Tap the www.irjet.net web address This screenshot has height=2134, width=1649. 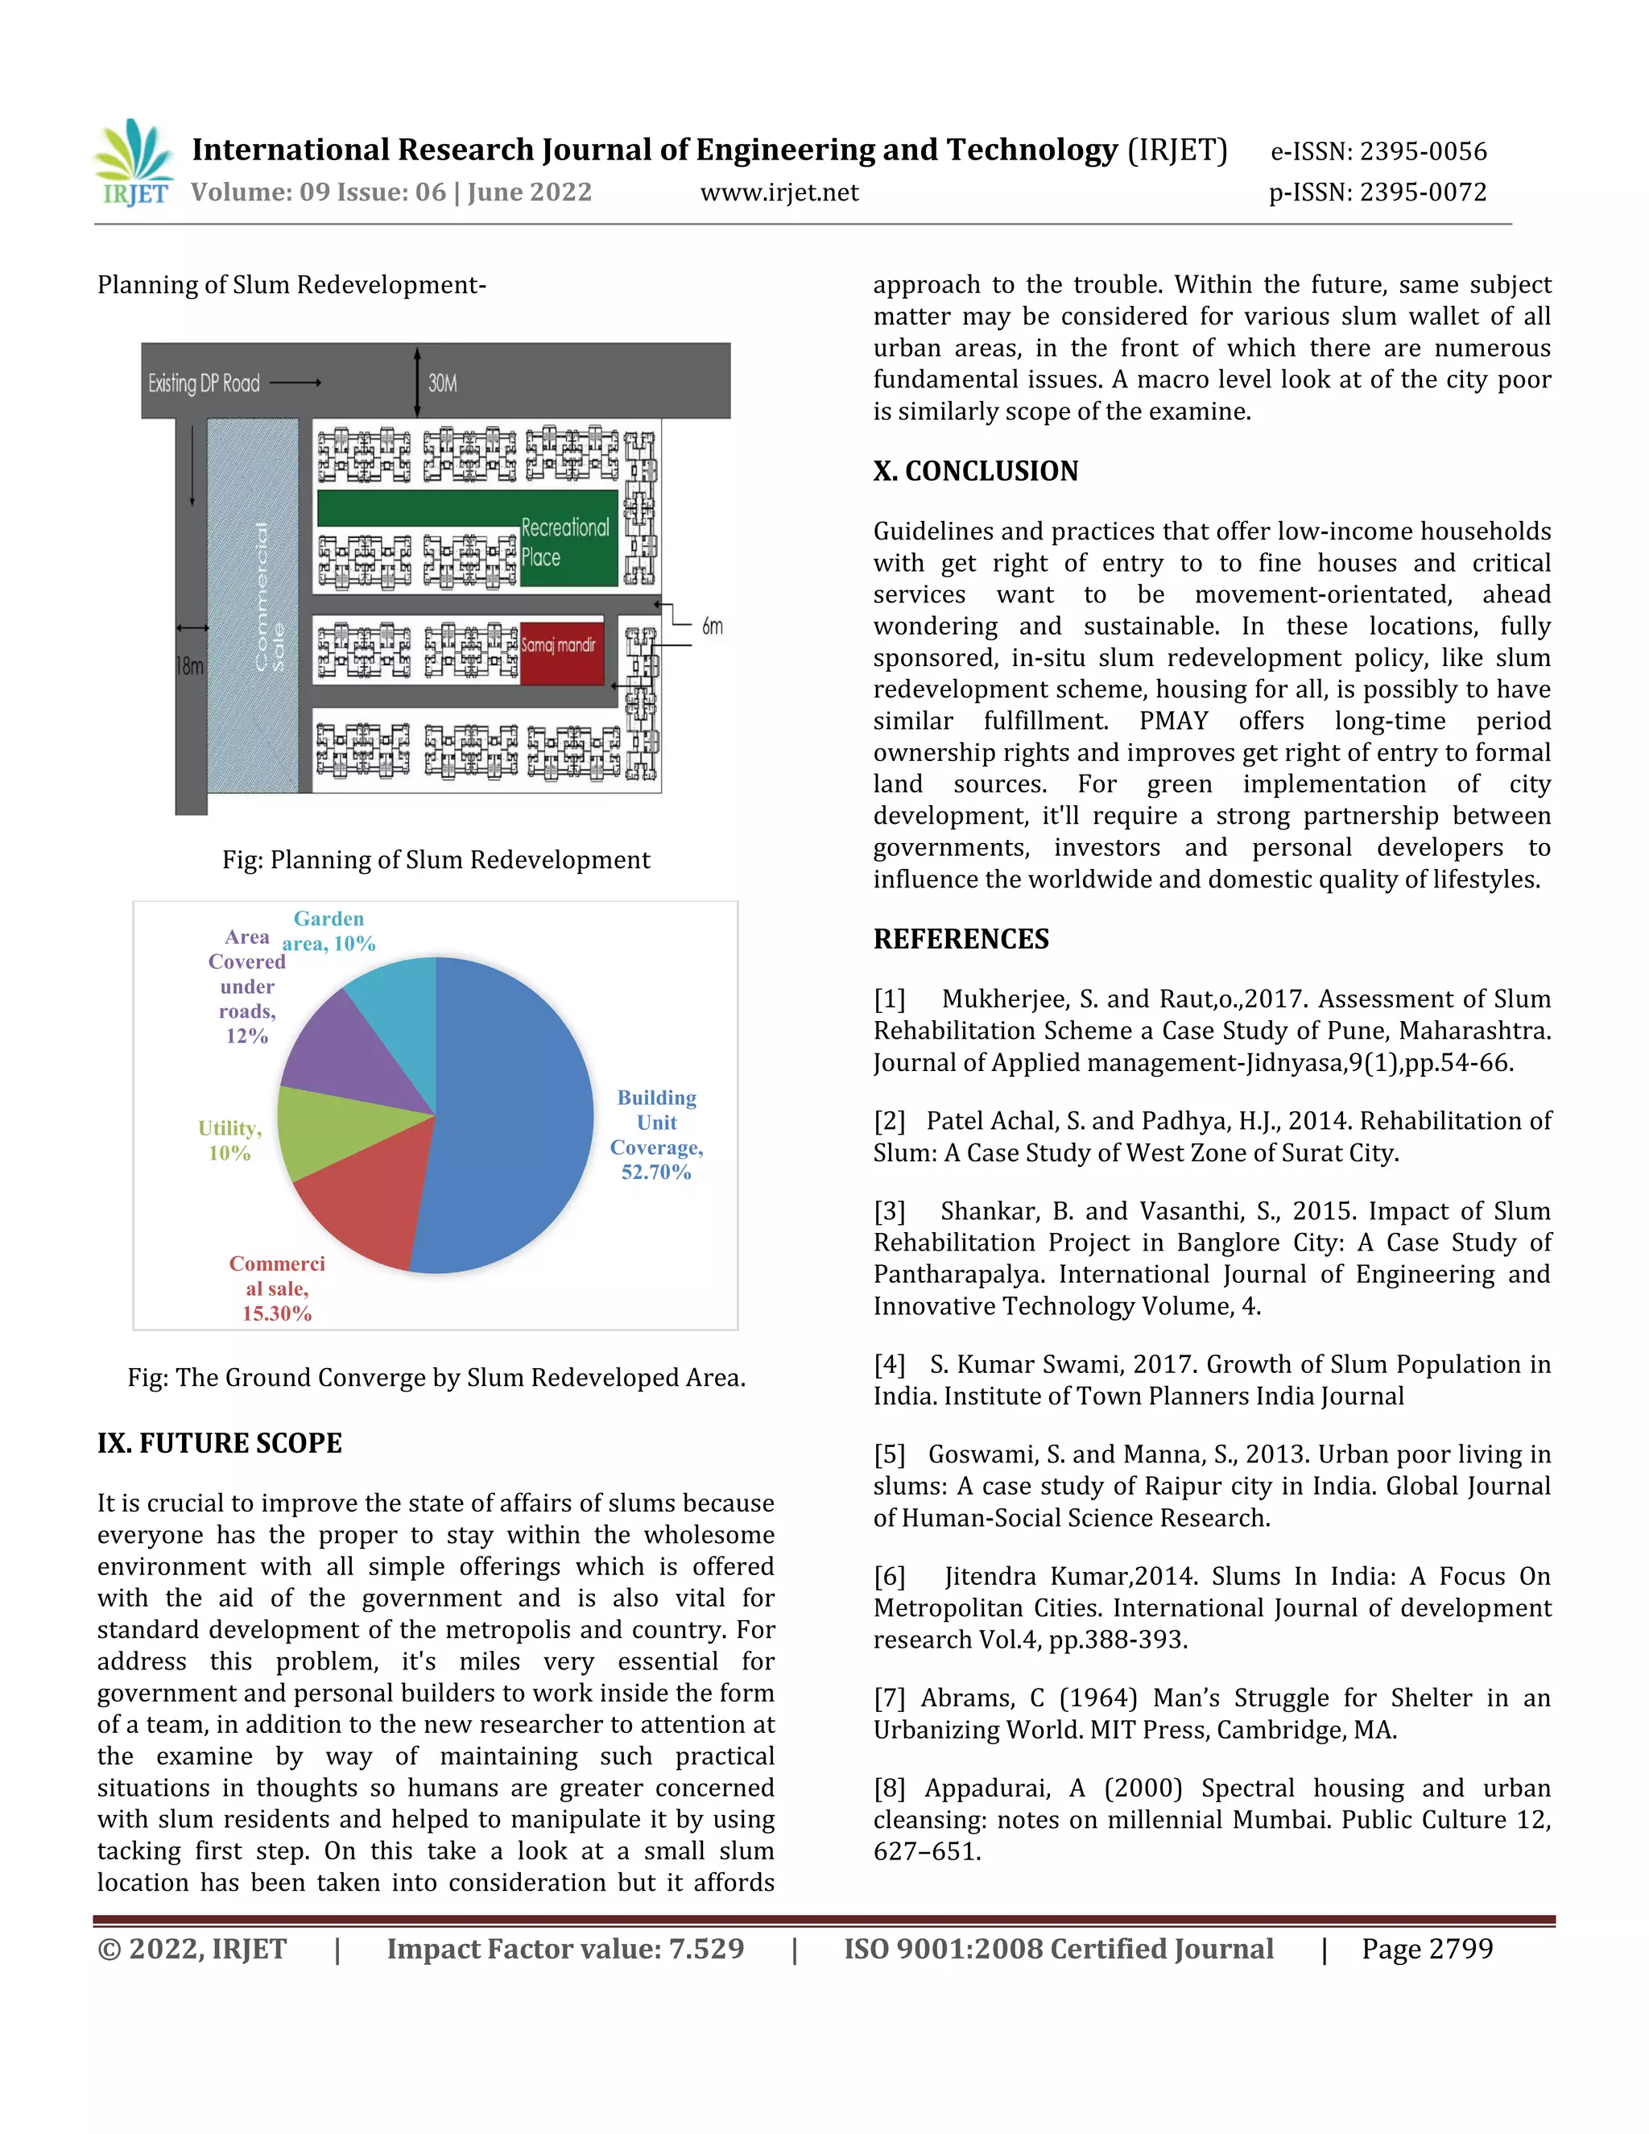pyautogui.click(x=779, y=192)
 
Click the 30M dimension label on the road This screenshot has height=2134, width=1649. pyautogui.click(x=443, y=383)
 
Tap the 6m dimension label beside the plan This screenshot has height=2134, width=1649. pyautogui.click(x=712, y=627)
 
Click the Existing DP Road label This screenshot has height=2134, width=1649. pyautogui.click(x=205, y=383)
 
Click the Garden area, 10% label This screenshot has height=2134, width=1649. pyautogui.click(x=329, y=931)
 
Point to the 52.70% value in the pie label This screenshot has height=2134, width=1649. pyautogui.click(x=655, y=1172)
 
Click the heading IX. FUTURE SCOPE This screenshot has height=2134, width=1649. pyautogui.click(x=220, y=1443)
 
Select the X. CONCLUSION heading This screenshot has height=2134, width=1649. pyautogui.click(x=975, y=471)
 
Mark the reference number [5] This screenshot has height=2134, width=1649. pyautogui.click(x=889, y=1454)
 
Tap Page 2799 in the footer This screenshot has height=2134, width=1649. pyautogui.click(x=1426, y=1948)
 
